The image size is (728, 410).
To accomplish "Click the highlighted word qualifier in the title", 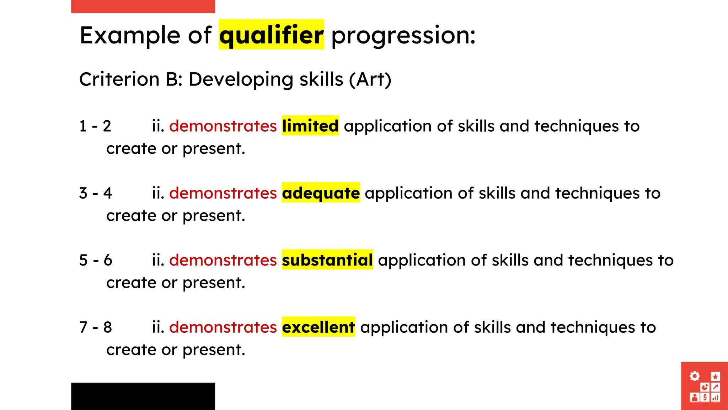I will (271, 35).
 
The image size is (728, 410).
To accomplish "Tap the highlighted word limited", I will (310, 126).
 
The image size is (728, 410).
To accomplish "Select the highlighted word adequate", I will (321, 193).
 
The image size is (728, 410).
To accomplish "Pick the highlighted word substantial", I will (327, 260).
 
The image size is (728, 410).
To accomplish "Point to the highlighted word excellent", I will (318, 327).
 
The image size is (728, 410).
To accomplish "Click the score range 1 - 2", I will (95, 126).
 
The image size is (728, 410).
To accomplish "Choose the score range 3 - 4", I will (96, 193).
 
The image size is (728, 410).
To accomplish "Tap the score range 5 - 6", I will (96, 260).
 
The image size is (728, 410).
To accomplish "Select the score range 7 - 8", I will (96, 327).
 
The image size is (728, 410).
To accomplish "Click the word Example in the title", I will (130, 36).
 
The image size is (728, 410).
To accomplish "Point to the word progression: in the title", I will (403, 36).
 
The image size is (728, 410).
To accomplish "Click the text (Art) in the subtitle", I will (370, 79).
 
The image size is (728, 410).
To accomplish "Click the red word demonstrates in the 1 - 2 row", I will (223, 126).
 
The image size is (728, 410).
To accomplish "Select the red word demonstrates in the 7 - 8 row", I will (223, 327).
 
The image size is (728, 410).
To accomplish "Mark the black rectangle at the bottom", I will (143, 396).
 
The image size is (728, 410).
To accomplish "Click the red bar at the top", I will (143, 6).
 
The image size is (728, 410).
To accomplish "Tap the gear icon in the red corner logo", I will (694, 376).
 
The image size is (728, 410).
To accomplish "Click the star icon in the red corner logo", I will (715, 377).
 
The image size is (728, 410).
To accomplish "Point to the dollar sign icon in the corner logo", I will (705, 397).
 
